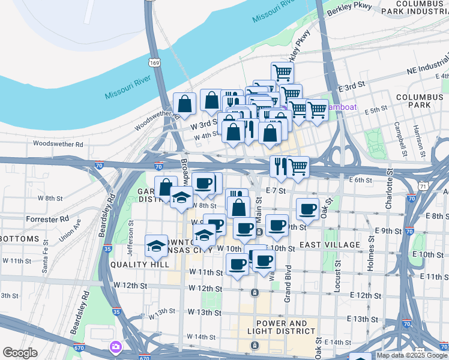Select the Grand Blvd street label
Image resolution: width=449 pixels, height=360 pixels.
click(288, 283)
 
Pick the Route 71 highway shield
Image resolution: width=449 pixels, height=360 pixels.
click(424, 187)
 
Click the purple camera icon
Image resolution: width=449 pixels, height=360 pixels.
click(115, 347)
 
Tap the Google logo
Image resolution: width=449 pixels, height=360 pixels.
click(20, 353)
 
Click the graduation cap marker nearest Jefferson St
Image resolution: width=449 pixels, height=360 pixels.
click(157, 245)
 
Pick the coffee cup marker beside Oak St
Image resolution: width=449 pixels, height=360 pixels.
click(308, 209)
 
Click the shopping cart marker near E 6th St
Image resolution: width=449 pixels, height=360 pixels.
click(298, 167)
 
